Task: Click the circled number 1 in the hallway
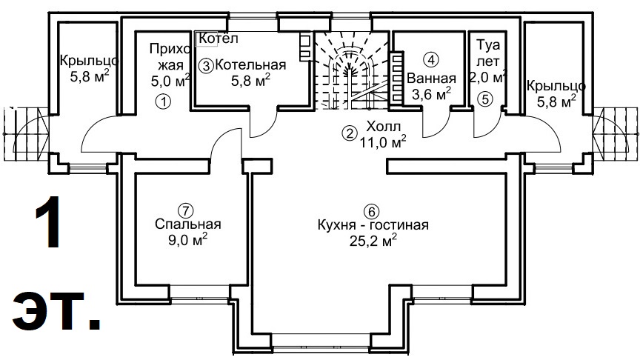click(x=163, y=101)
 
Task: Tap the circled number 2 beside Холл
click(x=349, y=133)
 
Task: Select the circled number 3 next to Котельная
click(x=207, y=65)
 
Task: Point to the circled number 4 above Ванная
click(x=431, y=59)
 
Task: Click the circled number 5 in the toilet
click(x=485, y=99)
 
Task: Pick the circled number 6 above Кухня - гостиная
click(x=371, y=211)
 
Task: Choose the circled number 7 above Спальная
click(x=186, y=210)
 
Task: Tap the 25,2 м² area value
click(x=373, y=241)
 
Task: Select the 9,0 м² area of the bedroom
click(x=187, y=239)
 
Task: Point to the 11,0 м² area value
click(x=382, y=142)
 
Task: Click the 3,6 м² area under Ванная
click(x=431, y=94)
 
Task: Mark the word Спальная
click(x=188, y=224)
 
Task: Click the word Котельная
click(x=250, y=65)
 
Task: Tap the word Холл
click(x=383, y=126)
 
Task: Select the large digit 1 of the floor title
click(x=48, y=222)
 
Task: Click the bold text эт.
click(x=56, y=310)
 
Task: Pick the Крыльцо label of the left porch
click(x=90, y=61)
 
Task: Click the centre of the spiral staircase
click(x=349, y=72)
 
